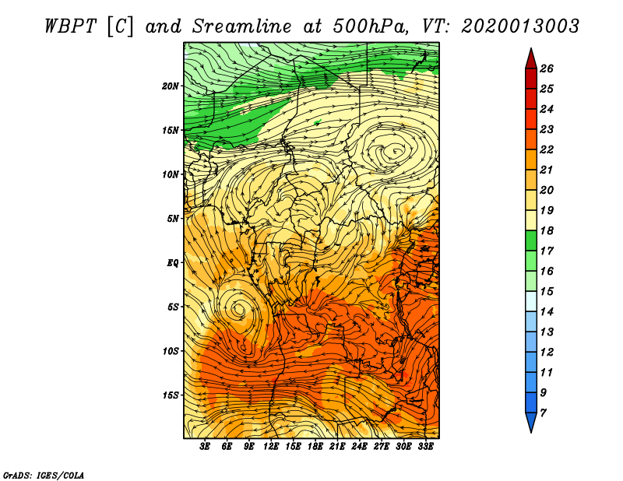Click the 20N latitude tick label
(x=170, y=86)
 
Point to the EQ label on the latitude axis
(x=172, y=262)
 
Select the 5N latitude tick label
(x=172, y=219)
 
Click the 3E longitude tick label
(x=204, y=447)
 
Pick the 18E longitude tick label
(x=315, y=447)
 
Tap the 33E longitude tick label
(x=425, y=447)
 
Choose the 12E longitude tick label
(x=270, y=447)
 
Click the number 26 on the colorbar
(x=547, y=68)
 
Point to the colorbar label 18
(x=547, y=230)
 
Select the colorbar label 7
(x=543, y=413)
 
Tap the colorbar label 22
(x=547, y=149)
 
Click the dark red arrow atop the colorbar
(x=531, y=59)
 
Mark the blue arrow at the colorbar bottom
(x=531, y=422)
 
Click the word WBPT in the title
(x=70, y=26)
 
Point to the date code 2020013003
(x=519, y=26)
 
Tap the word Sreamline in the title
(x=242, y=26)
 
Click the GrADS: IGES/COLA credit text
(x=44, y=475)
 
